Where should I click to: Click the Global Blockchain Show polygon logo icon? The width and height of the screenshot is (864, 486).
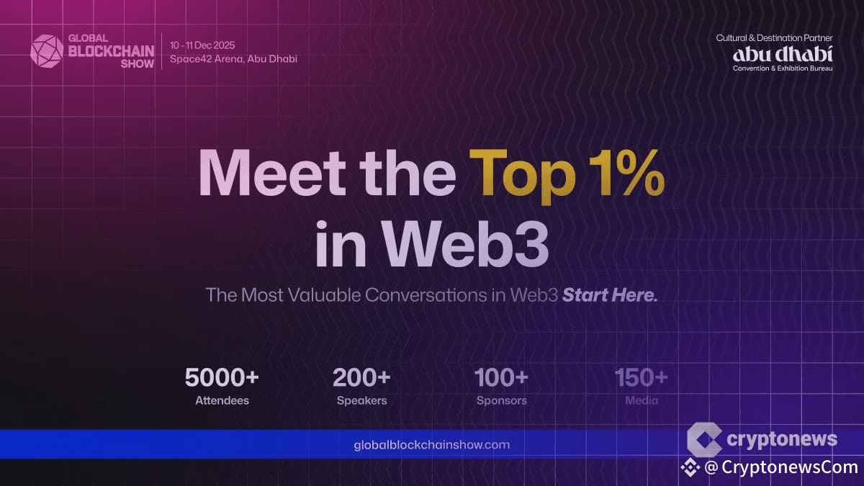coord(47,51)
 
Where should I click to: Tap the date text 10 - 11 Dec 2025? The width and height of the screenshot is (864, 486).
coord(202,45)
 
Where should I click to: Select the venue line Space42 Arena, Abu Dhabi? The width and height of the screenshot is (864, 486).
coord(233,59)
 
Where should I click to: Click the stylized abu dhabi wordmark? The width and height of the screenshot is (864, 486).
coord(783,55)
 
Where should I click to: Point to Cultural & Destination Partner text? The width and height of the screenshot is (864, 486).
coord(774,37)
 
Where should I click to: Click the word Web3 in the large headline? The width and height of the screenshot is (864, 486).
coord(465,243)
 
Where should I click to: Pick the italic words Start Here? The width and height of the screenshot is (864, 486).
coord(610,295)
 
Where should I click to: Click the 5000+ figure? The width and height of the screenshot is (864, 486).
coord(222,377)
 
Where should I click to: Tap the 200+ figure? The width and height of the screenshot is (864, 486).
coord(361,377)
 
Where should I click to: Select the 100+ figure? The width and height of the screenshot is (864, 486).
coord(501,377)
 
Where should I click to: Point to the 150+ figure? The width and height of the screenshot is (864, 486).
coord(641,377)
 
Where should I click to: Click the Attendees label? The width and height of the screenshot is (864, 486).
coord(222,400)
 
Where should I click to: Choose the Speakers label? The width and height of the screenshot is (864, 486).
coord(361,401)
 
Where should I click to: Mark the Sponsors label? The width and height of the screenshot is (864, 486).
coord(501,401)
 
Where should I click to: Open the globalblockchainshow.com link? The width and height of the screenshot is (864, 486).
coord(431,445)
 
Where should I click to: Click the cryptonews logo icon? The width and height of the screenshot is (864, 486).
coord(704,439)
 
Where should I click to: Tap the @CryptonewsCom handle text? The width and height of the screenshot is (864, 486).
coord(781,467)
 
